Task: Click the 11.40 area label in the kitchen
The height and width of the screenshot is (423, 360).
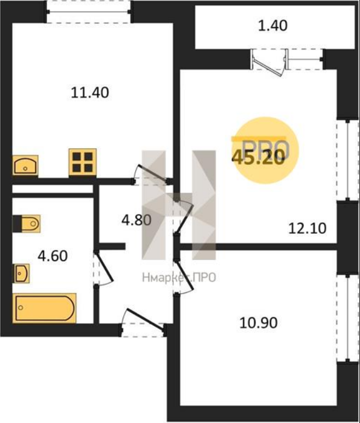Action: pos(90,92)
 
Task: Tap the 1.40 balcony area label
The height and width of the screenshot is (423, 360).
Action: pos(273,26)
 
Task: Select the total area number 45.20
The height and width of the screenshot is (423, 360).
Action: pos(259,157)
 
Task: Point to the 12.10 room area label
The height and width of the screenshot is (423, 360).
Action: pos(307,228)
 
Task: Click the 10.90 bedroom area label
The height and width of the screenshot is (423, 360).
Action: pos(259,323)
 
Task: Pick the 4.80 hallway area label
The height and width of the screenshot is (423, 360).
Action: pos(137,220)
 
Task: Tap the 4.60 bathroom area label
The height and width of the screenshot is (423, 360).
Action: pos(53,256)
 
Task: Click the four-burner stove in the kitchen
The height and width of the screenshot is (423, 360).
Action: pos(83,162)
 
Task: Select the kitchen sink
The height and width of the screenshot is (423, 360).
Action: pos(25,166)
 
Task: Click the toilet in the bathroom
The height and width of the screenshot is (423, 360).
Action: pos(27,224)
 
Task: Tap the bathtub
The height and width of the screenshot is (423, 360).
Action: pos(44,308)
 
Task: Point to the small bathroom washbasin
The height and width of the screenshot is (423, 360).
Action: pos(21,273)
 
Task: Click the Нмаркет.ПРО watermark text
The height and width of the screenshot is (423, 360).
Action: pos(179,277)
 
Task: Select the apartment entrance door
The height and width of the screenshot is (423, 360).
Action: pos(143,323)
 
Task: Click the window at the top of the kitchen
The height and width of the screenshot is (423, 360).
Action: pos(89,12)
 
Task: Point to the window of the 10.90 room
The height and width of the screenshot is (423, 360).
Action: pos(348,319)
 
